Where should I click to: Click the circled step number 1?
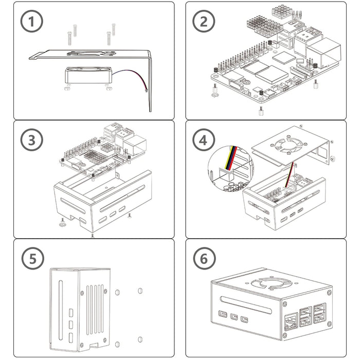(31, 22)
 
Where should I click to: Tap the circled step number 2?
(204, 22)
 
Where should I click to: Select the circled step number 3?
(31, 140)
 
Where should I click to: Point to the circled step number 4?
(204, 140)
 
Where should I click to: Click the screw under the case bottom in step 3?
(92, 235)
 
